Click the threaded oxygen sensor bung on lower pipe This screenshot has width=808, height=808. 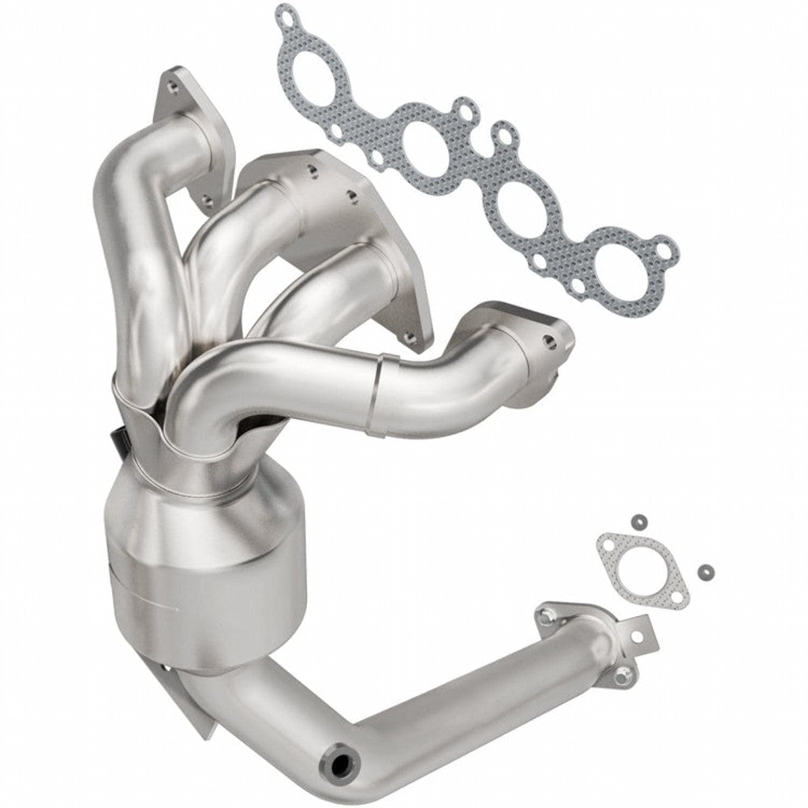[342, 764]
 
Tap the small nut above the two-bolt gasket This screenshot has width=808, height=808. [639, 521]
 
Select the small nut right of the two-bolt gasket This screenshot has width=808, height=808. [704, 570]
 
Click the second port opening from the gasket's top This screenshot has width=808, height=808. [422, 147]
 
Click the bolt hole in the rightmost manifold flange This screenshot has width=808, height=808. [550, 342]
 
